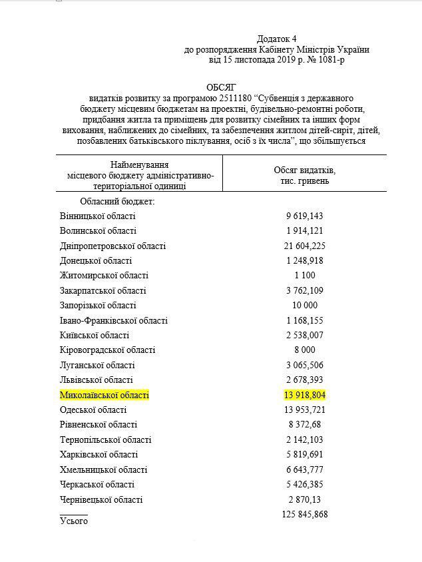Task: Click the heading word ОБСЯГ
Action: tap(222, 87)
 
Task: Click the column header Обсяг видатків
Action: tap(305, 170)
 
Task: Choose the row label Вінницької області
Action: tap(97, 216)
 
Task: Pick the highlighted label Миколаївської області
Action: tap(105, 395)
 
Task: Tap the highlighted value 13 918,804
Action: tap(305, 395)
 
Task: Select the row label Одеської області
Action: tap(93, 410)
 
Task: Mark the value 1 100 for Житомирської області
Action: tap(305, 276)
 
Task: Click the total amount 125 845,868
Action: tap(302, 514)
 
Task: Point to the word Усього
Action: tap(73, 521)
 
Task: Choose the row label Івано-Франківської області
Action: tap(113, 320)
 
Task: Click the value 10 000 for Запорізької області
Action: tap(305, 306)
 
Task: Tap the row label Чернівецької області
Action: tap(101, 499)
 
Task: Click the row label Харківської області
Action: tap(99, 454)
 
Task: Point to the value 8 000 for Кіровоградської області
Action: tap(305, 350)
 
